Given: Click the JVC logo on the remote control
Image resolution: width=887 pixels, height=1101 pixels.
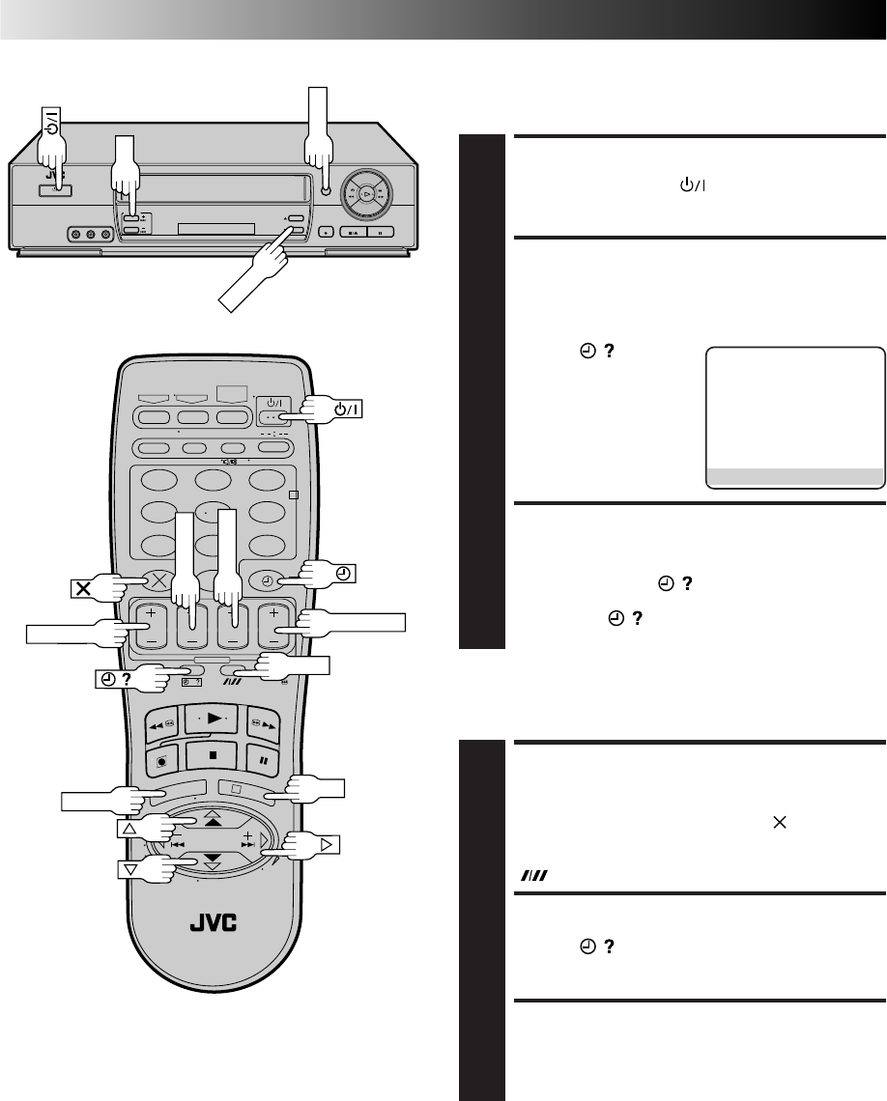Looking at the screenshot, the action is point(214,922).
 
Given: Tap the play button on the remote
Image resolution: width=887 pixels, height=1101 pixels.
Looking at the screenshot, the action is point(212,719).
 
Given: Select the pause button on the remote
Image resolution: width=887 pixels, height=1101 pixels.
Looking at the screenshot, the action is point(264,760).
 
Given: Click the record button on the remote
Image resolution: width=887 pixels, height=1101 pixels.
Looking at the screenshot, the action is point(162,760).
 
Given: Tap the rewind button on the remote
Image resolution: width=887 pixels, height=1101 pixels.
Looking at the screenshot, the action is point(162,726).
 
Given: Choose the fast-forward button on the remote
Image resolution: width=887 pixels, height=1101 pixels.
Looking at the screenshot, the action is point(264,725).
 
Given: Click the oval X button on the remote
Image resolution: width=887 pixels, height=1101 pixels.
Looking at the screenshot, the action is point(158,580).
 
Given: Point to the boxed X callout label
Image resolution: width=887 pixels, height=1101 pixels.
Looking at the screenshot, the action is point(83,588).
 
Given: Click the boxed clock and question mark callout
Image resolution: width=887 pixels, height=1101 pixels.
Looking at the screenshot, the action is point(116,679).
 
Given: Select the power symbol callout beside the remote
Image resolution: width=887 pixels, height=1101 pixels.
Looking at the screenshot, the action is point(348,409).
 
